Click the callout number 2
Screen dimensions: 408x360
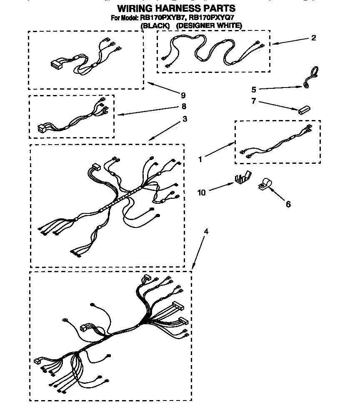(313, 38)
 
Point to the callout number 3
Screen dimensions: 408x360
(185, 119)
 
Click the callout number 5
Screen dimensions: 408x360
(253, 89)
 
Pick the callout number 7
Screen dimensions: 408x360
(253, 101)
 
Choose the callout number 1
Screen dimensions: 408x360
(200, 159)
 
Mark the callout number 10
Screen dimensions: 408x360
(202, 192)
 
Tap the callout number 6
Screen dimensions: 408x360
(288, 204)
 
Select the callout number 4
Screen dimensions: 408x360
(206, 231)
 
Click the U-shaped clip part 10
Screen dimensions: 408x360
(242, 178)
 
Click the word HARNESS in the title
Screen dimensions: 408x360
(177, 8)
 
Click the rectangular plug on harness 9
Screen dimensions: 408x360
(56, 65)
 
